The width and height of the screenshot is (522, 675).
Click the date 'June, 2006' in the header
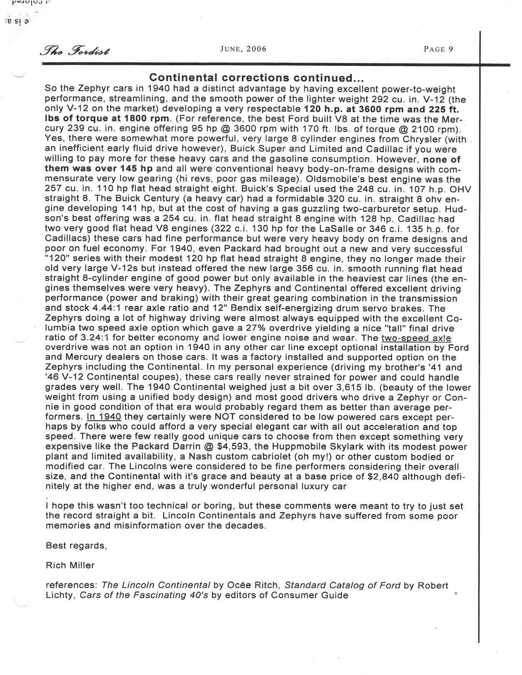[243, 49]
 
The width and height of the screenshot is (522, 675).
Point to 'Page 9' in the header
[438, 49]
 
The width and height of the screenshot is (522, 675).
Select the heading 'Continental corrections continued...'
[257, 78]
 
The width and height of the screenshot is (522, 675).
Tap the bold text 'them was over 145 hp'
[99, 169]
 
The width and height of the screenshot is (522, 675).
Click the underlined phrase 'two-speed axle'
[416, 338]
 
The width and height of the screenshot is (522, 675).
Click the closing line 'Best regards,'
[76, 546]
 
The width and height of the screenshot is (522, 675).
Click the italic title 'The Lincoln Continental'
[156, 586]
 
